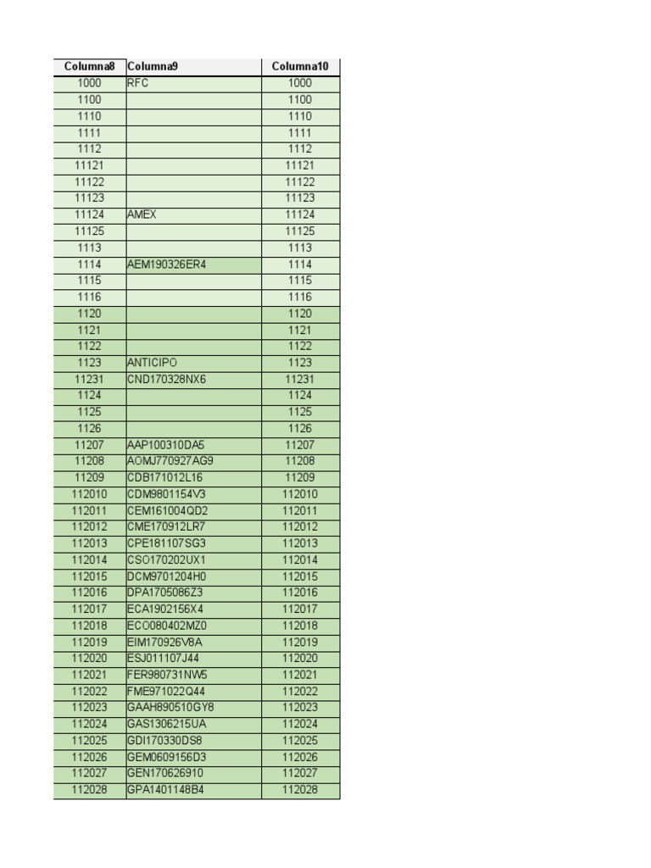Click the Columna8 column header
89,67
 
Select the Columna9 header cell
153,67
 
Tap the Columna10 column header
299,67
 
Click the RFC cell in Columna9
138,83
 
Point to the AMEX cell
142,214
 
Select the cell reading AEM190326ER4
166,264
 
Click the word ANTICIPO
153,363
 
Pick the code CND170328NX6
166,379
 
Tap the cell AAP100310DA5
166,445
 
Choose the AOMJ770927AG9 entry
170,461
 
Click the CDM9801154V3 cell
166,494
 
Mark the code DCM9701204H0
166,576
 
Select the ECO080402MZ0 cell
166,626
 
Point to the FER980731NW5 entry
166,675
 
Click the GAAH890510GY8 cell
170,708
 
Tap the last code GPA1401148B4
166,790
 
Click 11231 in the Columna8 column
89,379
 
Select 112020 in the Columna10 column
299,659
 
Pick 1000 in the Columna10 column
299,83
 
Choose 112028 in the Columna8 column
89,790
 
